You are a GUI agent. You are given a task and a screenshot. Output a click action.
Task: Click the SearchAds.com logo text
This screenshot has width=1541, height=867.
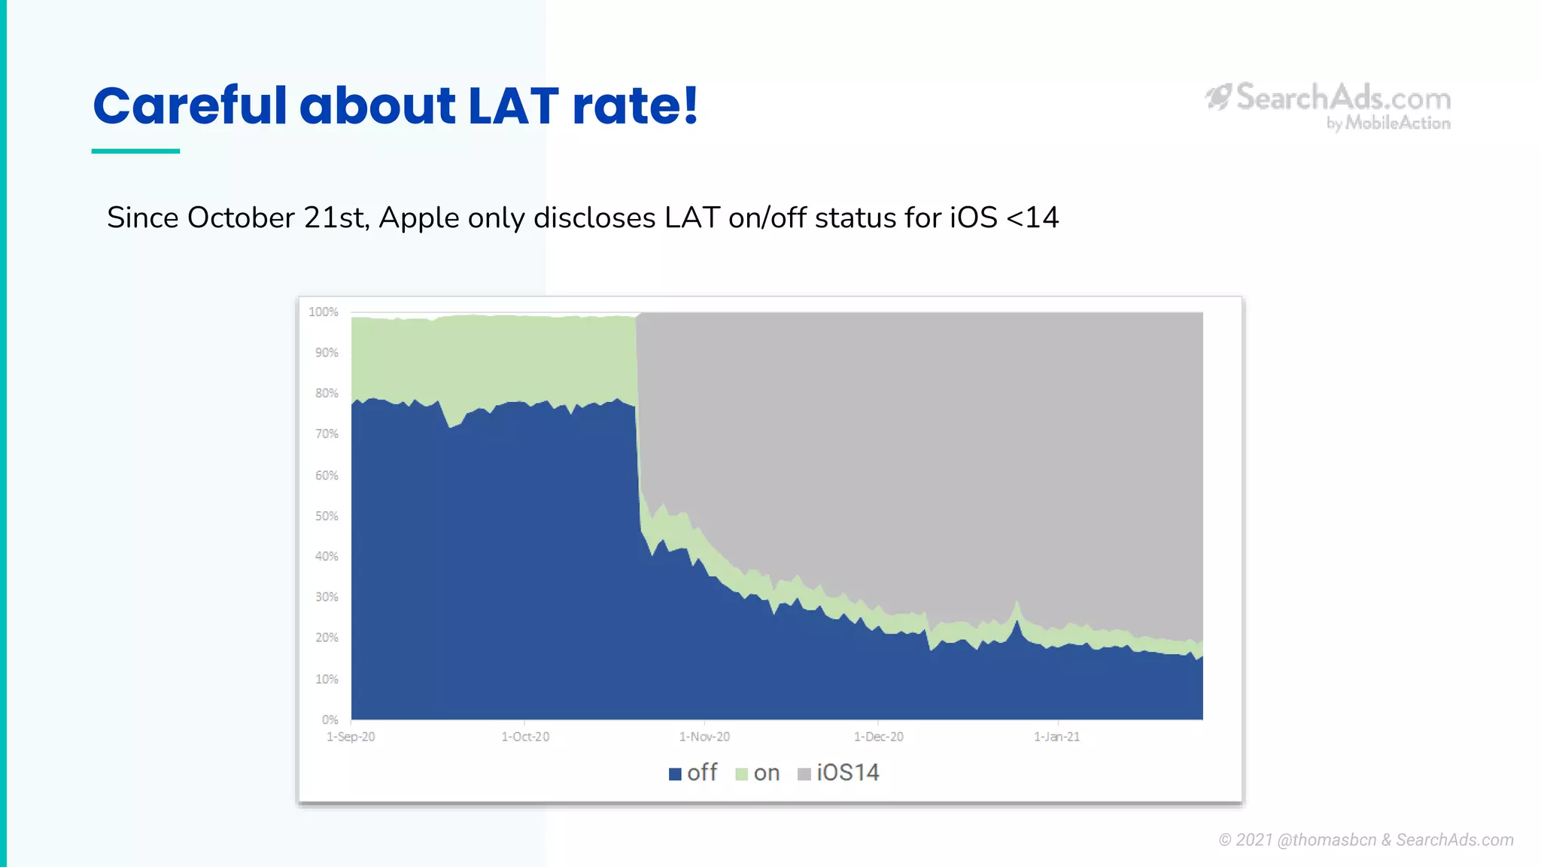coord(1343,99)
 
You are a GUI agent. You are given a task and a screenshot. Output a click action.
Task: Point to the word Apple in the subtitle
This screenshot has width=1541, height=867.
coord(419,218)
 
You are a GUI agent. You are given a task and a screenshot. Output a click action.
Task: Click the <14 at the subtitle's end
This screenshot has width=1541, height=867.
coord(1032,218)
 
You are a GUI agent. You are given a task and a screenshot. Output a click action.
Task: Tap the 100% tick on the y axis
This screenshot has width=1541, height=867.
coord(324,312)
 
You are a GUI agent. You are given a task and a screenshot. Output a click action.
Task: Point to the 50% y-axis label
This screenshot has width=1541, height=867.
coord(327,516)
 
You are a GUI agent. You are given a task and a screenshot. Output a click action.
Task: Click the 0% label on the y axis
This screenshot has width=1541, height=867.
coord(330,719)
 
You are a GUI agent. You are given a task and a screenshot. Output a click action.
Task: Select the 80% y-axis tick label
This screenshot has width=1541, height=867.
coord(327,393)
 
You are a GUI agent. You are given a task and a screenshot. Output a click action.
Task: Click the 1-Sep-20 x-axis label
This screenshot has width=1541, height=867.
coord(351,737)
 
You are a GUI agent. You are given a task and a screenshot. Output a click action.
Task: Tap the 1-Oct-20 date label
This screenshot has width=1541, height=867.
coord(525,737)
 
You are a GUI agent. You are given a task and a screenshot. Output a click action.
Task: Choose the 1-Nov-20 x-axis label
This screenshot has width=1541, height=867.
coord(704,737)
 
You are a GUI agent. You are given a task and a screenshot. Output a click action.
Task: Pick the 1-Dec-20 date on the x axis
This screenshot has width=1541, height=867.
coord(878,737)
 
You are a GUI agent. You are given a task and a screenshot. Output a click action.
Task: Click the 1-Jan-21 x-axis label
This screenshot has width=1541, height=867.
coord(1056,737)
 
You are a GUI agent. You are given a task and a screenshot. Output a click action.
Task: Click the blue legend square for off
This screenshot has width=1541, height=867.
coord(675,774)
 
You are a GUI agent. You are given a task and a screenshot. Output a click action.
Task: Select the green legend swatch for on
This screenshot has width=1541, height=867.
coord(741,774)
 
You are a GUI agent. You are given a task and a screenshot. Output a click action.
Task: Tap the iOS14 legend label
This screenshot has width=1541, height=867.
coord(847,773)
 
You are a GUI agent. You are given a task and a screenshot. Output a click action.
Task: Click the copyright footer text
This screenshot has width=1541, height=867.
coord(1366,840)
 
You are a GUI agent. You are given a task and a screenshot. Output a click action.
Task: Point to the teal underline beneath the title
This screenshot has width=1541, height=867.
coord(135,151)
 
